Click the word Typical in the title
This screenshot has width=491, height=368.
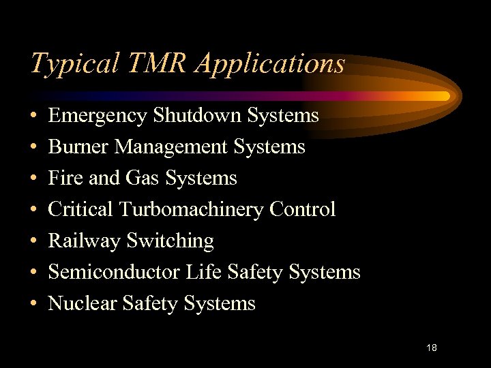click(x=74, y=64)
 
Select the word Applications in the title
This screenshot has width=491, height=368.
click(x=270, y=64)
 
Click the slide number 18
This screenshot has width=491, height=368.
click(x=431, y=348)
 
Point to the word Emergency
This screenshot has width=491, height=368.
click(x=98, y=117)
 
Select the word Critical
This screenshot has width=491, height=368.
click(x=81, y=209)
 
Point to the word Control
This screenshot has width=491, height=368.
click(x=302, y=209)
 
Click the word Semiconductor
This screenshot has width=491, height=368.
click(x=114, y=273)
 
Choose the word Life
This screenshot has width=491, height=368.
click(x=203, y=273)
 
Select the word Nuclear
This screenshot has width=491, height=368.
click(x=83, y=304)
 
